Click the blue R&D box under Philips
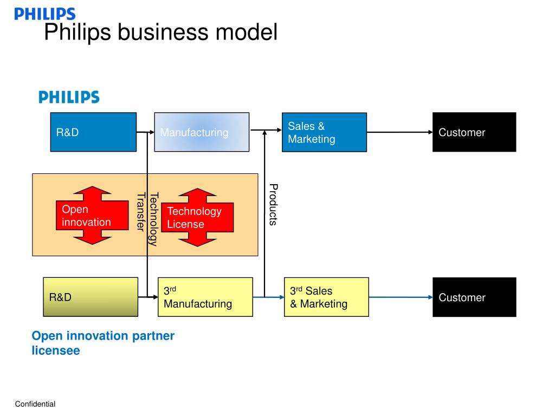pyautogui.click(x=93, y=132)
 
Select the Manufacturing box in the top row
pyautogui.click(x=202, y=132)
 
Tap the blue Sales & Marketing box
pyautogui.click(x=324, y=132)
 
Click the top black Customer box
pyautogui.click(x=474, y=132)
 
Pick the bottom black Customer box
pyautogui.click(x=474, y=297)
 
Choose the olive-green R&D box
pyautogui.click(x=91, y=297)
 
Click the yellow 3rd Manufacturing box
pyautogui.click(x=205, y=297)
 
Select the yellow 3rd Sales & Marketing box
pyautogui.click(x=326, y=297)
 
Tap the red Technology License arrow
pyautogui.click(x=197, y=217)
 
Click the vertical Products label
pyautogui.click(x=273, y=204)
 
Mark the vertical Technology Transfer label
pyautogui.click(x=147, y=219)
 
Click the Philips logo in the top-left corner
pyautogui.click(x=45, y=14)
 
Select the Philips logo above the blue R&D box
pyautogui.click(x=69, y=97)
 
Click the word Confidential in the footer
pyautogui.click(x=35, y=404)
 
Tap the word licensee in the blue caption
pyautogui.click(x=56, y=350)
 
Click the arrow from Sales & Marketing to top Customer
pyautogui.click(x=399, y=132)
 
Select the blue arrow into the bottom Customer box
pyautogui.click(x=401, y=297)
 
